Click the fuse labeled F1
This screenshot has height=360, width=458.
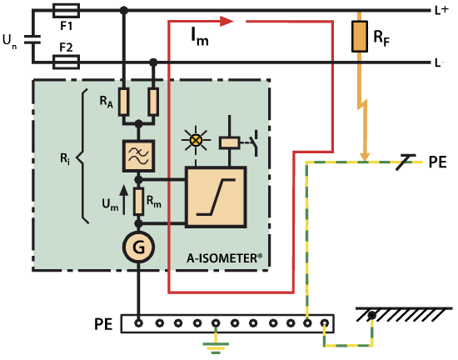66,11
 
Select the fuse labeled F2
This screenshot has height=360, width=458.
66,62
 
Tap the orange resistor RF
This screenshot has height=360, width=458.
360,36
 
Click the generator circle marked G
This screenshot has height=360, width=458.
138,247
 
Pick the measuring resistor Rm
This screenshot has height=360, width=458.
138,202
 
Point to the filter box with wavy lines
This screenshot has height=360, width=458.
138,156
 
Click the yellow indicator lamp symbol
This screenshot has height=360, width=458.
196,140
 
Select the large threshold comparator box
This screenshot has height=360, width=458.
216,197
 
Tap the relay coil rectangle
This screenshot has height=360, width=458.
230,142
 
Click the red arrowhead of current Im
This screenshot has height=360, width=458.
227,21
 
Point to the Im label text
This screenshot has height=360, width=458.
200,37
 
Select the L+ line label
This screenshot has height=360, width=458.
441,11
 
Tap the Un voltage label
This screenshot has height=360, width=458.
9,40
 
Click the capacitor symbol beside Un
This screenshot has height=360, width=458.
32,39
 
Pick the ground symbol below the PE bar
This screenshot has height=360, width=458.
216,347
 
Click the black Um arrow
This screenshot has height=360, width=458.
124,200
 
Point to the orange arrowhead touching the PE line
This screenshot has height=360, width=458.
364,157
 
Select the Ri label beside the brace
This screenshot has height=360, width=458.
65,159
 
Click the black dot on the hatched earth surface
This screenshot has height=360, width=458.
371,316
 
